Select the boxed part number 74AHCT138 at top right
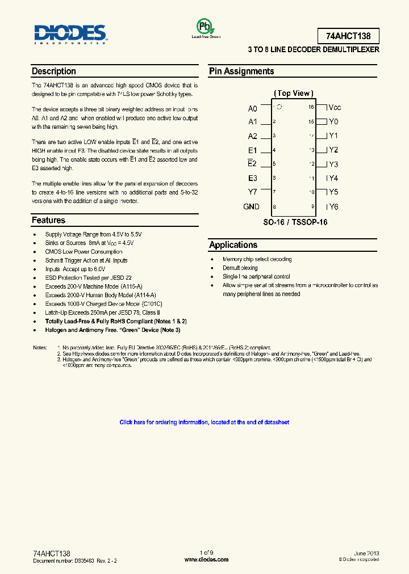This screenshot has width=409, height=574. (348, 36)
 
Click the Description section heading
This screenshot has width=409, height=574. (54, 71)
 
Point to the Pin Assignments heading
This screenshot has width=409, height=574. (241, 71)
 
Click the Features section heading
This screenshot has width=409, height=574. (49, 221)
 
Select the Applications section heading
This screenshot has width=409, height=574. (233, 245)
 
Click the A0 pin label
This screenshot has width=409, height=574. (253, 108)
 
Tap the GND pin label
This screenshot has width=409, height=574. (251, 206)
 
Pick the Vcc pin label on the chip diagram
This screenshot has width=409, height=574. (335, 107)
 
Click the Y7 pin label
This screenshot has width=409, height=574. (253, 192)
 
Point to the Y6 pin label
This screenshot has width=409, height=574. (333, 207)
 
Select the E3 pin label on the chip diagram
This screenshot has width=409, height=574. (253, 178)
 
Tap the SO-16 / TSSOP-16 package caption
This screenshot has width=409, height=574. (295, 222)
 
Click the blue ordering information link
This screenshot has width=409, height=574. (204, 423)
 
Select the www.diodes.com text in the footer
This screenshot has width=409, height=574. (207, 559)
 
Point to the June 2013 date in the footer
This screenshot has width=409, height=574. (366, 553)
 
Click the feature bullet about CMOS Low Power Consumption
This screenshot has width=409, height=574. (84, 252)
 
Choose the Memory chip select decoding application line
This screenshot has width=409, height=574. (257, 259)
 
